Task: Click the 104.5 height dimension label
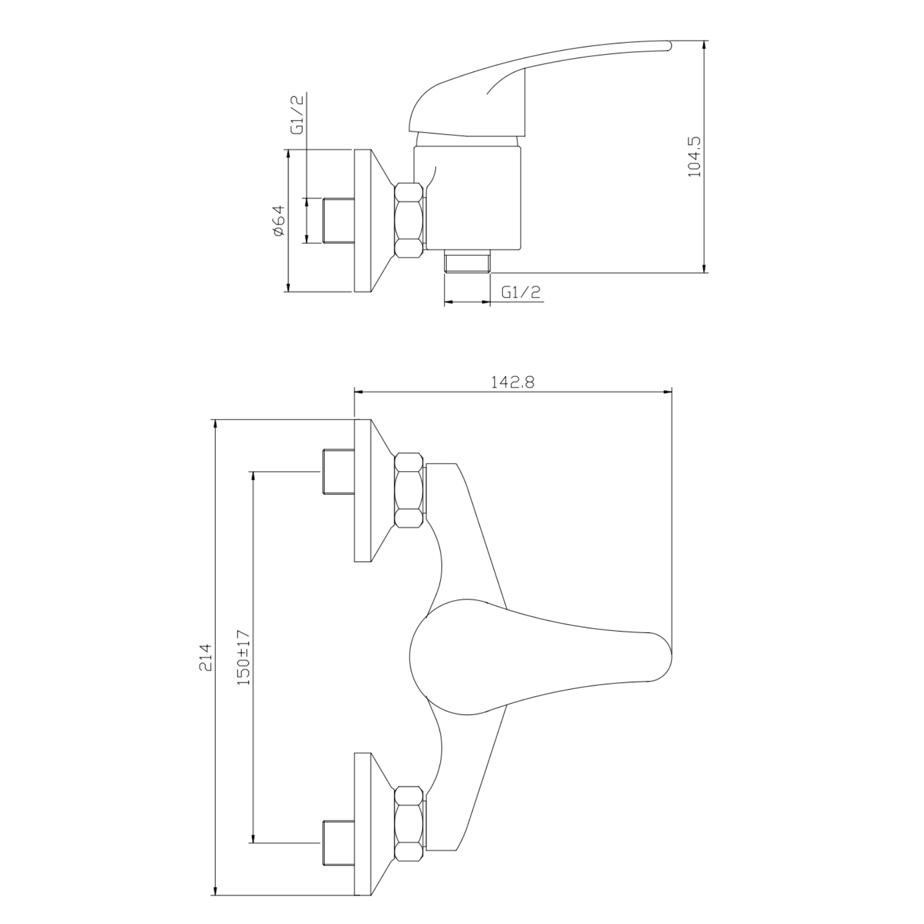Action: point(695,157)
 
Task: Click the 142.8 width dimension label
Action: point(513,383)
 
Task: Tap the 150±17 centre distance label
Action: point(243,657)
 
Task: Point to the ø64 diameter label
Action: point(278,221)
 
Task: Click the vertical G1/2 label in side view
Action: point(297,114)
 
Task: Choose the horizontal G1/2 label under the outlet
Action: point(521,292)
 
